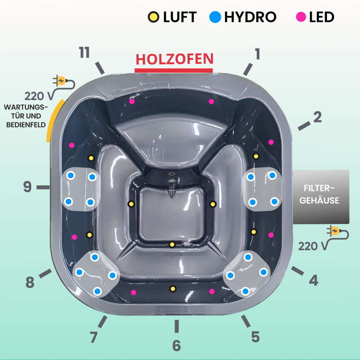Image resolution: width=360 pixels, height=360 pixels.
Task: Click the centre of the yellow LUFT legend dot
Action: coord(153,17)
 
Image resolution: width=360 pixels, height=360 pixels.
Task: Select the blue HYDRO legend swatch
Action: coord(215,17)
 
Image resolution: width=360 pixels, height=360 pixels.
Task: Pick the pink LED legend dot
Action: coord(301,17)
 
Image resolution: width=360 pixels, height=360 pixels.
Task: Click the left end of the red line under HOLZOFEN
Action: coord(135,71)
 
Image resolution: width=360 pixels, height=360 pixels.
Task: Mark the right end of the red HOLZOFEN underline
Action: coord(213,71)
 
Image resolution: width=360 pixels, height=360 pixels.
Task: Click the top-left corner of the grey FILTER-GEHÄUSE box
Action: coord(293,170)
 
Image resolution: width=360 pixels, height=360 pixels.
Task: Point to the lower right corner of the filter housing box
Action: coord(349,224)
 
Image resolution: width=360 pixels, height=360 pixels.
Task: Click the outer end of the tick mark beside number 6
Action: coord(176,332)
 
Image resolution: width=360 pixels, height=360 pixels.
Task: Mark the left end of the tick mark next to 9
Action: coord(37,187)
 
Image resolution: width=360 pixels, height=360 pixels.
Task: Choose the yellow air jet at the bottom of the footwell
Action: coord(172,245)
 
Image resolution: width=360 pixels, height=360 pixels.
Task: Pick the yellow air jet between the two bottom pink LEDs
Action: coord(173,289)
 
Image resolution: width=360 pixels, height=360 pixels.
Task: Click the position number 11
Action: coord(84,52)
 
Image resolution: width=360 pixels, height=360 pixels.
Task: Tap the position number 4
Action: coord(314,280)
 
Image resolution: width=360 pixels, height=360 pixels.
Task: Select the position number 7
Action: coord(94,337)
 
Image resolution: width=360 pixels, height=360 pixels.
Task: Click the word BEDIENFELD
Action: coord(26,125)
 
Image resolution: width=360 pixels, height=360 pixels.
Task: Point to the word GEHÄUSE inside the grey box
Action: coord(319,200)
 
